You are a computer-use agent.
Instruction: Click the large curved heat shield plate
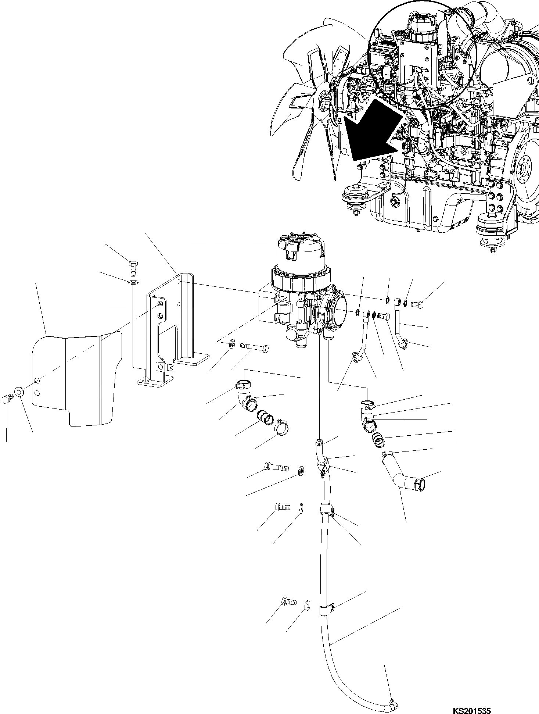click(77, 379)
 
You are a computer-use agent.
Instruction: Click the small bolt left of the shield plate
click(7, 399)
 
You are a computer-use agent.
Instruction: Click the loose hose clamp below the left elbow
click(282, 428)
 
